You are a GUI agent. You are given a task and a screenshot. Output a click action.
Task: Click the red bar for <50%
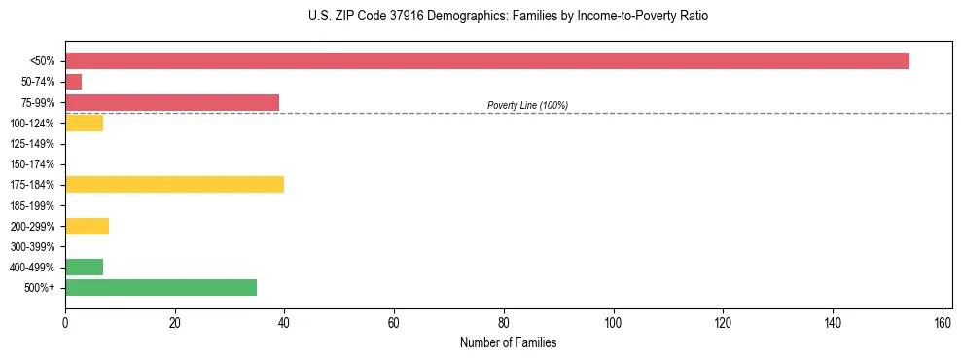(486, 61)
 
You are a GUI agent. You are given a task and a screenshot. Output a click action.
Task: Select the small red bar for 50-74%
(73, 82)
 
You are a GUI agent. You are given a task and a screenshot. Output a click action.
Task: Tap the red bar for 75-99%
(172, 102)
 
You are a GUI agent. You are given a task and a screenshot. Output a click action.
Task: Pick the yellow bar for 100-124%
(84, 123)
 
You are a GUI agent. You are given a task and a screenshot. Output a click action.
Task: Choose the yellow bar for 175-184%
(174, 185)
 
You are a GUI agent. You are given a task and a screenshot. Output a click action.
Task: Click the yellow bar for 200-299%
(87, 226)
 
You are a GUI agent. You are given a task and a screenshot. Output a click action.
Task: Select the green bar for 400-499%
(84, 267)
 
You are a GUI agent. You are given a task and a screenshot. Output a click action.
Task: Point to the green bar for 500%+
(160, 287)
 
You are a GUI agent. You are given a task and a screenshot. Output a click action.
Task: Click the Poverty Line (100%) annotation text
(527, 105)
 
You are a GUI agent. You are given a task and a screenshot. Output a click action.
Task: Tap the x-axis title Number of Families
(509, 343)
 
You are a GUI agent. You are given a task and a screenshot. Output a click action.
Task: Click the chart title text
(509, 17)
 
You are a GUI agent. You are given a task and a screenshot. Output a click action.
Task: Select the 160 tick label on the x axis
(943, 323)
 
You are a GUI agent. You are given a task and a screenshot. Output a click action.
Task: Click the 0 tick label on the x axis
(65, 323)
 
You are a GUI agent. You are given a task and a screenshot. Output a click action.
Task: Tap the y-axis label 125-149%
(32, 144)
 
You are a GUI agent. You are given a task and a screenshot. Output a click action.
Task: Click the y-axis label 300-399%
(32, 247)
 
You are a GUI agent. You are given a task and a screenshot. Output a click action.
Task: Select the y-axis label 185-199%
(32, 206)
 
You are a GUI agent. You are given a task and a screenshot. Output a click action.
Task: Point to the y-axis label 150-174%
(32, 164)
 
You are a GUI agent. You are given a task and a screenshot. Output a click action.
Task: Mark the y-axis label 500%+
(39, 288)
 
